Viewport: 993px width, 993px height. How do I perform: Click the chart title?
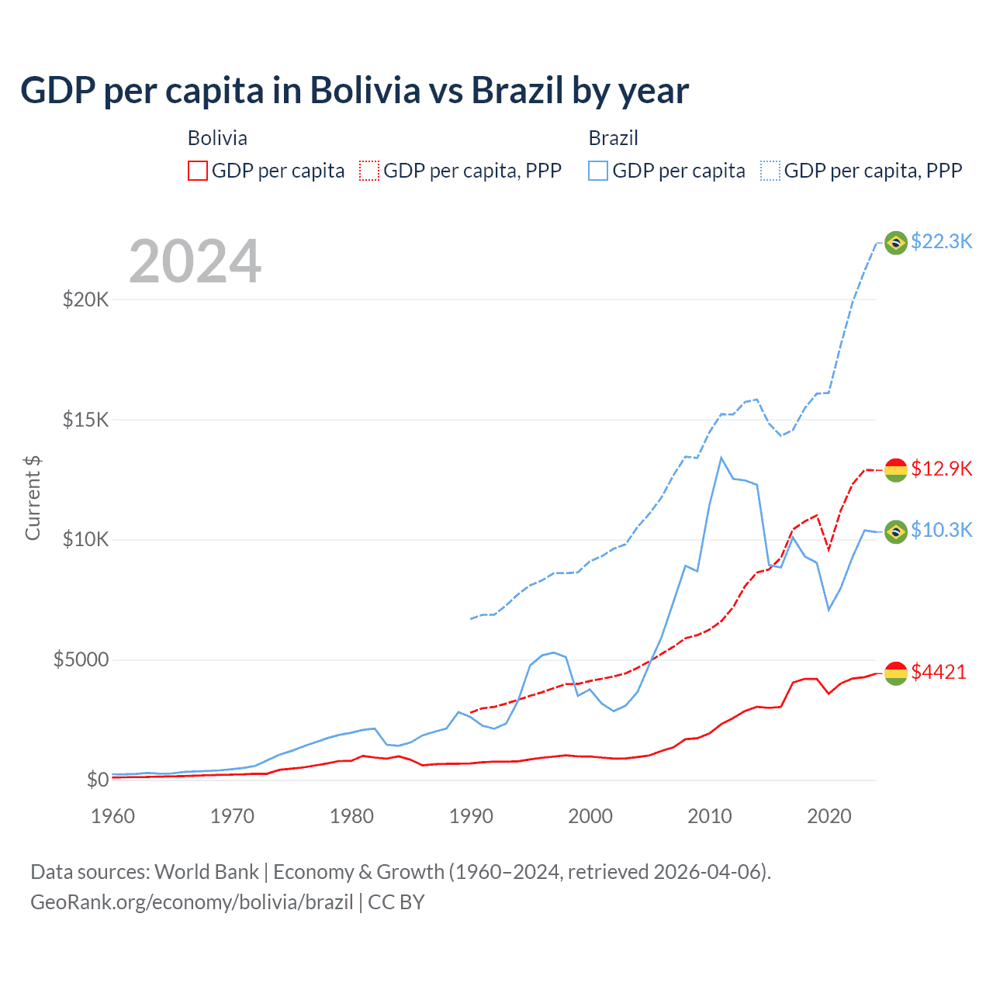[355, 91]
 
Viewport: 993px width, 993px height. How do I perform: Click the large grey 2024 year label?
[195, 261]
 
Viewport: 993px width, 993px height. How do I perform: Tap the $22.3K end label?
[941, 241]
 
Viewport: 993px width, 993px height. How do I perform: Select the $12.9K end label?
[941, 469]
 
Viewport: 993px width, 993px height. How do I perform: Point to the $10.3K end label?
[941, 530]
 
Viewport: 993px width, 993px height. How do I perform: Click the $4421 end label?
[939, 672]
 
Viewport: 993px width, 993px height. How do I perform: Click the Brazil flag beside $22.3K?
[896, 243]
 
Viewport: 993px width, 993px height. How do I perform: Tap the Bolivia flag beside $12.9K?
[896, 469]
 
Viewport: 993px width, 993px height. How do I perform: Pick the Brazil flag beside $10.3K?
[896, 531]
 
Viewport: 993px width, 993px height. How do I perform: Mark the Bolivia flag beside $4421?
[896, 673]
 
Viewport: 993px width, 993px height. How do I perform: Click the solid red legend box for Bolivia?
[198, 171]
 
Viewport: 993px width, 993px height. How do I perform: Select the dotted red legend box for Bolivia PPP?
[369, 171]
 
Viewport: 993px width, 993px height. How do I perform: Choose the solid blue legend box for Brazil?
[598, 171]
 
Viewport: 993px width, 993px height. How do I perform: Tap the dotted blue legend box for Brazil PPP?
[770, 171]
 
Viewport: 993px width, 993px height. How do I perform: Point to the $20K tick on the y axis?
[85, 299]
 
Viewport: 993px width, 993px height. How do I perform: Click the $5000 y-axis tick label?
[81, 660]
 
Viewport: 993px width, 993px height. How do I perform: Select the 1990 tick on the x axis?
[471, 816]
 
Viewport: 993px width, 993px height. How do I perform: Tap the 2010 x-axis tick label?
[710, 816]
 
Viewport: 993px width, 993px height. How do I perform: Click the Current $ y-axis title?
[33, 497]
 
